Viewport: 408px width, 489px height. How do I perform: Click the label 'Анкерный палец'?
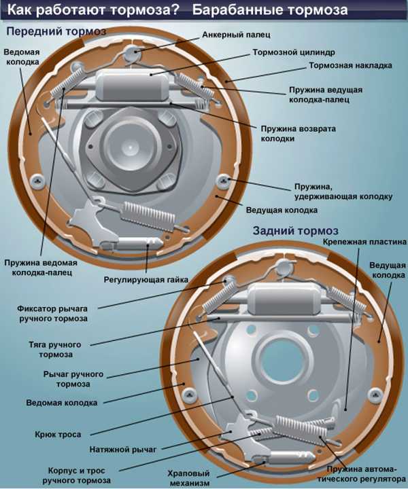(x=236, y=35)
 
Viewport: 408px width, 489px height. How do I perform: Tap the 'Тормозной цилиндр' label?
(x=294, y=52)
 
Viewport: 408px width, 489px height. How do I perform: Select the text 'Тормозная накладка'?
(x=350, y=65)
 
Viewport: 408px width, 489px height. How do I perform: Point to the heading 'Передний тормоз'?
(x=56, y=31)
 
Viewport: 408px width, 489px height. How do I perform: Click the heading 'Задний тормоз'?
(x=295, y=231)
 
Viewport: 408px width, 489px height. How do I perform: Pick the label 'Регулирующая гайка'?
(x=146, y=279)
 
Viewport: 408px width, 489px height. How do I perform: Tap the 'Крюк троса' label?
(x=58, y=435)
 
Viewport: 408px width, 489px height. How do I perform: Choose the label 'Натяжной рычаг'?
(x=122, y=450)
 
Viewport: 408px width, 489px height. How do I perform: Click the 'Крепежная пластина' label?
(x=364, y=242)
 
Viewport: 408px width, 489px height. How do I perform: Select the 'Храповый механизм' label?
(x=189, y=478)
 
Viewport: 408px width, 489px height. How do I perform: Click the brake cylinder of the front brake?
(x=133, y=85)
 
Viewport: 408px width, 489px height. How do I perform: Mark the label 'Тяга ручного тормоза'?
(x=55, y=350)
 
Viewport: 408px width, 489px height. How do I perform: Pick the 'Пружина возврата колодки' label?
(x=298, y=134)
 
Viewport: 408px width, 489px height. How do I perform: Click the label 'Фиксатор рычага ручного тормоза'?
(x=52, y=314)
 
